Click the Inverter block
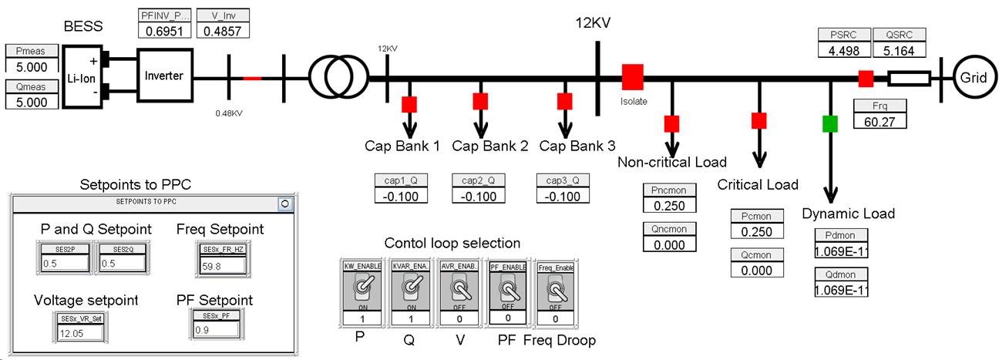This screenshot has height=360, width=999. pyautogui.click(x=165, y=76)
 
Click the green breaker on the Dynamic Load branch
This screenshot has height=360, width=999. pyautogui.click(x=830, y=123)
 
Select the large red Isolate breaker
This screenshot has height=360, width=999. pyautogui.click(x=632, y=77)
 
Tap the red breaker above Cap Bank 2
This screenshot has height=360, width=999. pyautogui.click(x=481, y=101)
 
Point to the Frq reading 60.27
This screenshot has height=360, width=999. pyautogui.click(x=880, y=120)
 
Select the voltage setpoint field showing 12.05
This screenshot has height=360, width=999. pyautogui.click(x=79, y=333)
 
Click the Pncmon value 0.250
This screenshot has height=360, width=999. pyautogui.click(x=669, y=206)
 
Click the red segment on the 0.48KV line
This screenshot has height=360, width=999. pyautogui.click(x=253, y=78)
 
